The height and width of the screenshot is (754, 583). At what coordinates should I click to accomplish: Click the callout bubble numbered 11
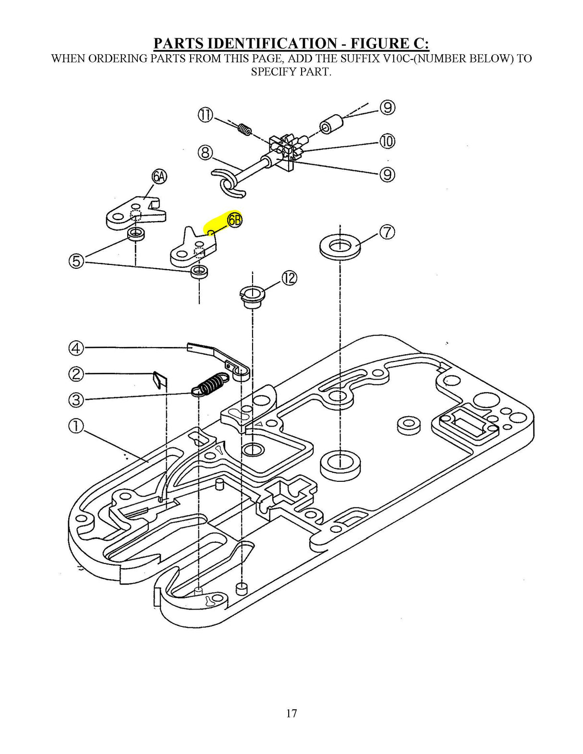pyautogui.click(x=205, y=115)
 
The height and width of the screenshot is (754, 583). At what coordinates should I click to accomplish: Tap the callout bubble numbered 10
pyautogui.click(x=387, y=141)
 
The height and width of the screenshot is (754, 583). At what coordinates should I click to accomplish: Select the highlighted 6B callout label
pyautogui.click(x=235, y=220)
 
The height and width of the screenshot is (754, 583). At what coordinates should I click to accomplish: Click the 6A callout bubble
pyautogui.click(x=159, y=177)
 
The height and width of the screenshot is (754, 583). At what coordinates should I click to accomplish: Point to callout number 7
pyautogui.click(x=387, y=232)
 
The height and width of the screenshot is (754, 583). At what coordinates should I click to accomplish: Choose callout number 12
pyautogui.click(x=289, y=278)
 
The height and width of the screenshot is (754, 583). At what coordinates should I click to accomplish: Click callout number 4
pyautogui.click(x=76, y=347)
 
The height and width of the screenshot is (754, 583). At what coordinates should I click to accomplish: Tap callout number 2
pyautogui.click(x=76, y=373)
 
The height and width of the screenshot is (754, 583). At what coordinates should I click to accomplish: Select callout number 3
pyautogui.click(x=76, y=399)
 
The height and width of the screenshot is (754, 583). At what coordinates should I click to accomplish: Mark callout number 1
pyautogui.click(x=76, y=426)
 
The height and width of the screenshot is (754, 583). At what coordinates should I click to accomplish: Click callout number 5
pyautogui.click(x=76, y=262)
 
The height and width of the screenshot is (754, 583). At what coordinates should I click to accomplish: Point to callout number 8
pyautogui.click(x=205, y=153)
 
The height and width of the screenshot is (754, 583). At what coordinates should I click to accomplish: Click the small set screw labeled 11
pyautogui.click(x=245, y=129)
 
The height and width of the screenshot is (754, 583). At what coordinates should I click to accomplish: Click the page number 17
pyautogui.click(x=291, y=713)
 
